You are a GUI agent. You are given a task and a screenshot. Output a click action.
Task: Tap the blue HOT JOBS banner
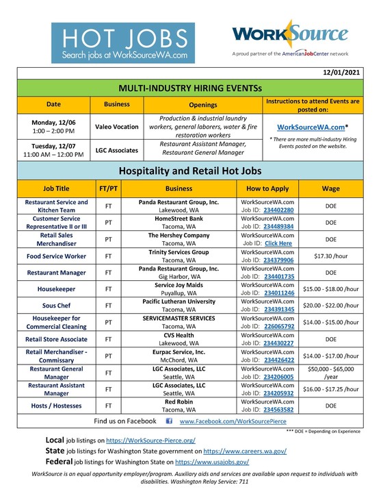(x=122, y=42)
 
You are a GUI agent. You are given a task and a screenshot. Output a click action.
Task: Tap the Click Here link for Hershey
(x=278, y=243)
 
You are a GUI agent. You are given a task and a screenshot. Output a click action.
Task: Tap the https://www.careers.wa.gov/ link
(x=245, y=451)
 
